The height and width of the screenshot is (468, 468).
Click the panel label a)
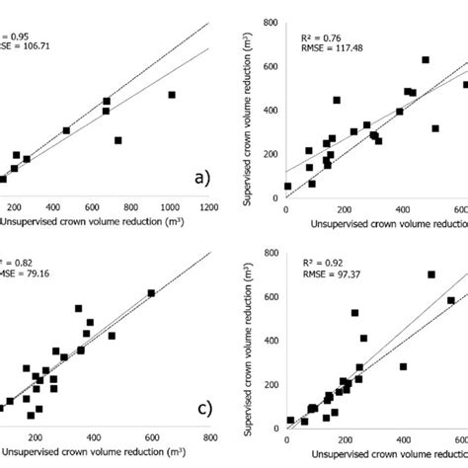pyautogui.click(x=201, y=179)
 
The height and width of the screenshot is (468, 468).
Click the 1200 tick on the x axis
pyautogui.click(x=208, y=207)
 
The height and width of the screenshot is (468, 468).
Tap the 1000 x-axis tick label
pyautogui.click(x=170, y=207)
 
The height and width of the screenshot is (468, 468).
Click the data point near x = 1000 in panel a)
pyautogui.click(x=171, y=95)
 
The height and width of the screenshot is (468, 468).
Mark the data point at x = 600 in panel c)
pyautogui.click(x=151, y=293)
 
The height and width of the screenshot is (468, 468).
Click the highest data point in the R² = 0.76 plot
pyautogui.click(x=426, y=60)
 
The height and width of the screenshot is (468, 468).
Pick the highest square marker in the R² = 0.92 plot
pyautogui.click(x=430, y=274)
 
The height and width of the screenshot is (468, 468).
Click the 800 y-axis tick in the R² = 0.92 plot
pyautogui.click(x=273, y=245)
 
